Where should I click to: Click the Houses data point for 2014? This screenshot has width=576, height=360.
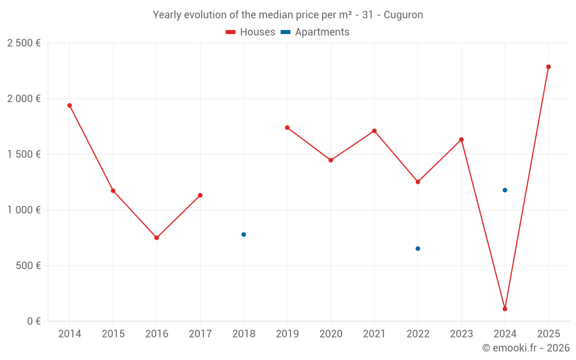pyautogui.click(x=70, y=105)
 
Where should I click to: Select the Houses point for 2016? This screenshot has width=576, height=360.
pyautogui.click(x=157, y=237)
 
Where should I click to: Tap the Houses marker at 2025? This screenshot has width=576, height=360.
pyautogui.click(x=548, y=67)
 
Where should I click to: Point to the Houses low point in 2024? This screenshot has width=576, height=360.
pyautogui.click(x=505, y=309)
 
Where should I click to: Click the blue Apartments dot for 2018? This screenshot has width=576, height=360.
pyautogui.click(x=244, y=234)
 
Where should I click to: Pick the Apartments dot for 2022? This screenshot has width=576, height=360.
pyautogui.click(x=418, y=249)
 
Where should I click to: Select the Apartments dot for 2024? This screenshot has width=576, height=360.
pyautogui.click(x=505, y=190)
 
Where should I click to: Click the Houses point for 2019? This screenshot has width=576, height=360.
pyautogui.click(x=287, y=127)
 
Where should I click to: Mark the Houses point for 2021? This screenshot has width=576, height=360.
pyautogui.click(x=374, y=131)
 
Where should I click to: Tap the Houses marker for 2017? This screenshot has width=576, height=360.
pyautogui.click(x=200, y=195)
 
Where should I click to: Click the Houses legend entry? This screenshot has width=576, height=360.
pyautogui.click(x=251, y=32)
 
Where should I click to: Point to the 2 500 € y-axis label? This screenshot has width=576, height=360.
pyautogui.click(x=24, y=43)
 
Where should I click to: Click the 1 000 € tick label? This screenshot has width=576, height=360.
pyautogui.click(x=24, y=210)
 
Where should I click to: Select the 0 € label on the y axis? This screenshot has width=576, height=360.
pyautogui.click(x=33, y=321)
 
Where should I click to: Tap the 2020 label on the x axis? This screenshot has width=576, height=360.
pyautogui.click(x=331, y=334)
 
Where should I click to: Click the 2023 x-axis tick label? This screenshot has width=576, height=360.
pyautogui.click(x=461, y=334)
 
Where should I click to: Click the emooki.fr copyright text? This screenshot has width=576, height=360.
pyautogui.click(x=526, y=348)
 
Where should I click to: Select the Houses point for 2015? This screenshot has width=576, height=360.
pyautogui.click(x=113, y=191)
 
